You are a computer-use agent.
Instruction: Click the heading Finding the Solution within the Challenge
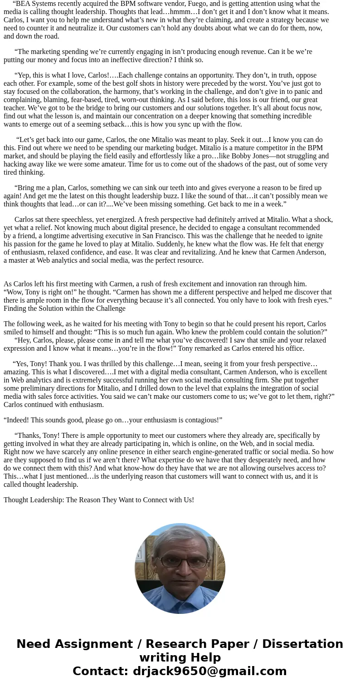[x=64, y=309]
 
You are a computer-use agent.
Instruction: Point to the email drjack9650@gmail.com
[x=209, y=671]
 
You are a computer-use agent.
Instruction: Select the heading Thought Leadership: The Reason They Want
[x=99, y=500]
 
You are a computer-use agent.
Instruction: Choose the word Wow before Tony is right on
[x=15, y=292]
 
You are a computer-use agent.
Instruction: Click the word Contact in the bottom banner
[x=100, y=671]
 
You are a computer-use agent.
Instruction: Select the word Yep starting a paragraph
[x=23, y=75]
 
